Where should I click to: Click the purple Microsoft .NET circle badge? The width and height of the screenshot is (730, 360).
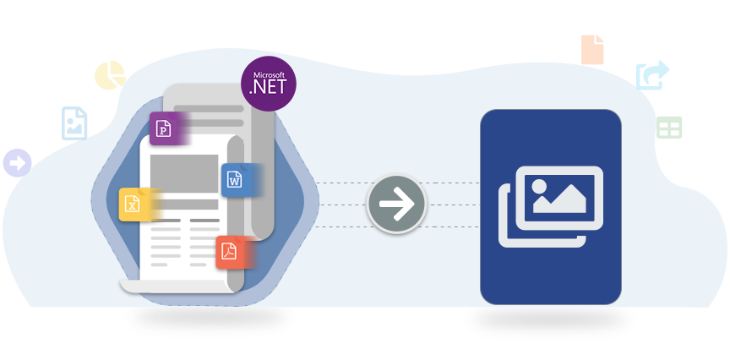tap(269, 83)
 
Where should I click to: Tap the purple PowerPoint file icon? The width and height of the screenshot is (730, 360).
tap(164, 129)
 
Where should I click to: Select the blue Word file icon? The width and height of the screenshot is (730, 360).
tap(234, 179)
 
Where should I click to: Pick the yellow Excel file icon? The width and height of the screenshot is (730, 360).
tap(133, 204)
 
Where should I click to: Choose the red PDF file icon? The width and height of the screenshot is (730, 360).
tap(230, 251)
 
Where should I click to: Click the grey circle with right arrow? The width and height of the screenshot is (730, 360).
tap(396, 205)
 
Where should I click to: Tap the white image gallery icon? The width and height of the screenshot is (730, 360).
tap(550, 206)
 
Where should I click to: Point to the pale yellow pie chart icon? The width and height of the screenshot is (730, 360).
tap(110, 75)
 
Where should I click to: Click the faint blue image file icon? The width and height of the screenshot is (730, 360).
tap(74, 123)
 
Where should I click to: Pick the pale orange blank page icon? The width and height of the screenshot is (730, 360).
tap(592, 50)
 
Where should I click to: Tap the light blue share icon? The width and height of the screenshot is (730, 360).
tap(652, 76)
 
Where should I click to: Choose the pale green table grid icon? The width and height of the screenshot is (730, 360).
tap(669, 128)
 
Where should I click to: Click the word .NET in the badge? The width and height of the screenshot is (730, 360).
tap(270, 87)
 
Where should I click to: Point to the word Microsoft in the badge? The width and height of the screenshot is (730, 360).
tap(269, 72)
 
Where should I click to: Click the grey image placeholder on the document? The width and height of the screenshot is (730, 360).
tap(184, 173)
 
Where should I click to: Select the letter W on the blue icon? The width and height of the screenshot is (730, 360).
tap(234, 180)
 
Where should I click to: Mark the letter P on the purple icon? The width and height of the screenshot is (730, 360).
tap(164, 129)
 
